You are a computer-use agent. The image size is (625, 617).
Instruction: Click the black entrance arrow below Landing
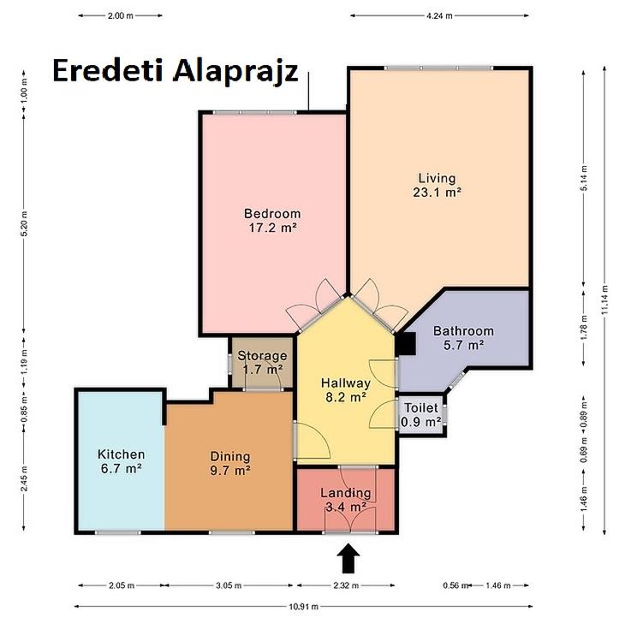(348, 558)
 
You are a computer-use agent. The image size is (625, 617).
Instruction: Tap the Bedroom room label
(272, 221)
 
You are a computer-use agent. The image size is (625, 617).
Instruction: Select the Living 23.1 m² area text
(437, 185)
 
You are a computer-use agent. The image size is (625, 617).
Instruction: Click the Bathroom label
(463, 338)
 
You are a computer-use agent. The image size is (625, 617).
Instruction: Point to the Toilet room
(421, 415)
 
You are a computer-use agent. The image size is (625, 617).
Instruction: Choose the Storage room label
(262, 363)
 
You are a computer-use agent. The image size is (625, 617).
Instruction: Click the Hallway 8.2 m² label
(346, 390)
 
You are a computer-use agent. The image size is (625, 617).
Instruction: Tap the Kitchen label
(122, 461)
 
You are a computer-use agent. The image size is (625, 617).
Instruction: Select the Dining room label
(230, 464)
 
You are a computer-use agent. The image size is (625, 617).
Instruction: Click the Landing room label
(346, 500)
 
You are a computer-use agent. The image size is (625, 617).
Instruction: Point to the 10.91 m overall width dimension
(303, 607)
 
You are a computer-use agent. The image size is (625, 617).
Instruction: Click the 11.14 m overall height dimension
(605, 300)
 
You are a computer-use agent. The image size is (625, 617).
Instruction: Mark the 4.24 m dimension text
(439, 16)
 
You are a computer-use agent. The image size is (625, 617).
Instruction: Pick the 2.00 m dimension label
(121, 16)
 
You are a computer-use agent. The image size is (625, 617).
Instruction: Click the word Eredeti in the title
(108, 70)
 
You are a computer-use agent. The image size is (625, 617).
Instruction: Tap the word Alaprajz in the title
(235, 73)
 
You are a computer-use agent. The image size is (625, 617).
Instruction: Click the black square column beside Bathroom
(406, 343)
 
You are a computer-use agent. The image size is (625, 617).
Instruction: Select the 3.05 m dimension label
(229, 585)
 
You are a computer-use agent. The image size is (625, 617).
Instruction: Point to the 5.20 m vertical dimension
(24, 223)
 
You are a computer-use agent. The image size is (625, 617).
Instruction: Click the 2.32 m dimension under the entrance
(346, 585)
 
